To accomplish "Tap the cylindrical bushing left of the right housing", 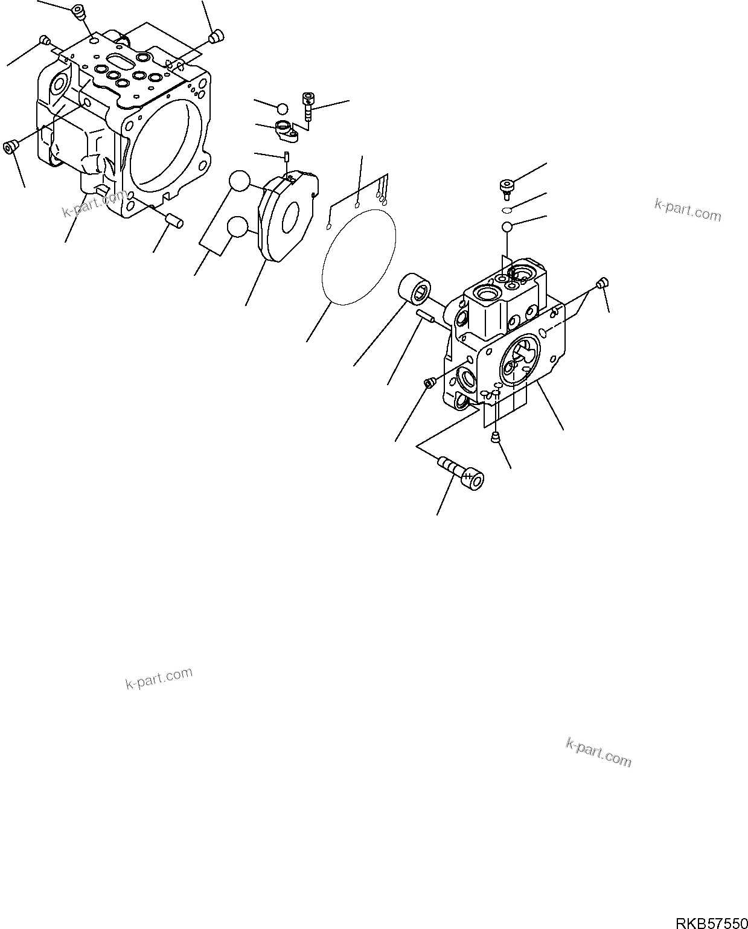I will tap(414, 289).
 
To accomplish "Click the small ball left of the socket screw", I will tap(282, 109).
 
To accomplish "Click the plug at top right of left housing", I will tap(215, 38).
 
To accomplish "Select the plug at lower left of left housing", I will tap(10, 147).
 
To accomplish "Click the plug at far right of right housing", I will tap(602, 283).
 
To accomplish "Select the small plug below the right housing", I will tap(496, 437).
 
